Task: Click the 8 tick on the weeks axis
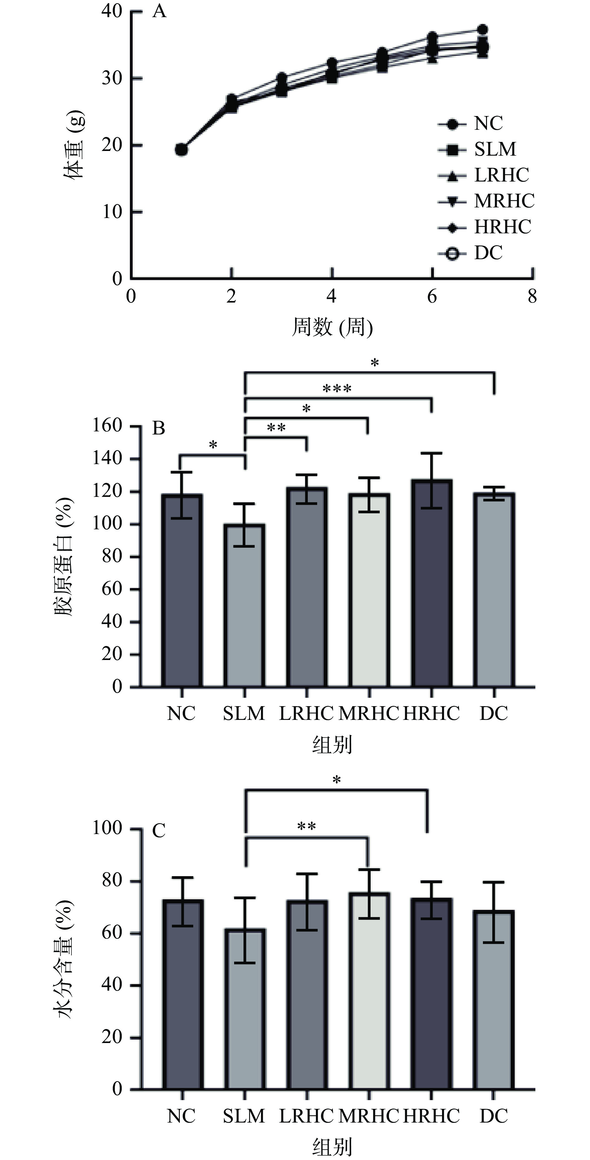532,297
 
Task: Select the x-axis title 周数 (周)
332,327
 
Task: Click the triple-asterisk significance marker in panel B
337,388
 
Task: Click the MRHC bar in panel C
369,991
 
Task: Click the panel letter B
159,428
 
